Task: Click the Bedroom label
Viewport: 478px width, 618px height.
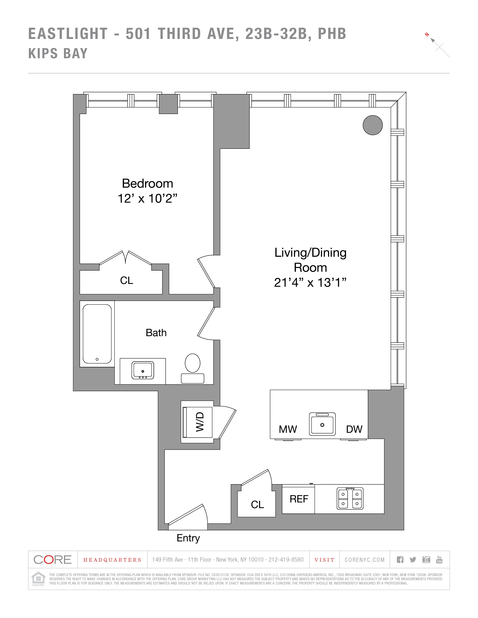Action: pyautogui.click(x=147, y=183)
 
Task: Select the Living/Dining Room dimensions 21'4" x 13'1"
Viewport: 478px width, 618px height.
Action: pyautogui.click(x=310, y=283)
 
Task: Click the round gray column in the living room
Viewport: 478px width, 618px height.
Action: pyautogui.click(x=373, y=125)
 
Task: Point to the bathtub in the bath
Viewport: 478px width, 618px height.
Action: pyautogui.click(x=97, y=334)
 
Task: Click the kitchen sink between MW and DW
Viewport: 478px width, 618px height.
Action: pyautogui.click(x=322, y=424)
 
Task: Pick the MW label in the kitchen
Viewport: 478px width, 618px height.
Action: pyautogui.click(x=288, y=429)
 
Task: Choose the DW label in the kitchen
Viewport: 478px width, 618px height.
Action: pyautogui.click(x=354, y=429)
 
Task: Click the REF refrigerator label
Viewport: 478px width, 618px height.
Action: pyautogui.click(x=299, y=499)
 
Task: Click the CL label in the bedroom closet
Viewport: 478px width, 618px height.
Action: pyautogui.click(x=126, y=280)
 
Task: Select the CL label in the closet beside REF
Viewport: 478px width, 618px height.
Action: pyautogui.click(x=257, y=505)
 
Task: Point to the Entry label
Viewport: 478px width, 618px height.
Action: pyautogui.click(x=188, y=538)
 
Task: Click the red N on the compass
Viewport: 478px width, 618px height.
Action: pyautogui.click(x=427, y=35)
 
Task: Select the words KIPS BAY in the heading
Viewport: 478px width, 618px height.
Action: pyautogui.click(x=58, y=54)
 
